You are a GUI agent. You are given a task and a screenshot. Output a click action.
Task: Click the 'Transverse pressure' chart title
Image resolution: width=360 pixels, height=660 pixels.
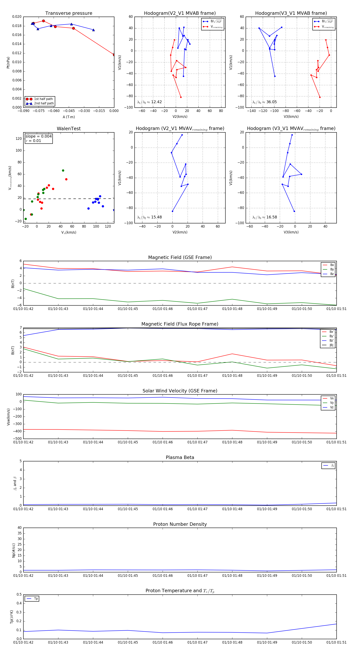click(69, 13)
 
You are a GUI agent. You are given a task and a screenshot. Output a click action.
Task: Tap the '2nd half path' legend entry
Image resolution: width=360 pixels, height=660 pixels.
click(44, 104)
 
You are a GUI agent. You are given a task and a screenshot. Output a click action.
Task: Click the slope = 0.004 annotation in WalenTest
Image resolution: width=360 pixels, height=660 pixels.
click(38, 136)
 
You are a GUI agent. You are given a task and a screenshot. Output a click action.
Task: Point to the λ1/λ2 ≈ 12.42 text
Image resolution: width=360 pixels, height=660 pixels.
click(149, 102)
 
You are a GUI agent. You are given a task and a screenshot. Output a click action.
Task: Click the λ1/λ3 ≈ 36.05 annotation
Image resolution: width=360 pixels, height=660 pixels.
click(264, 102)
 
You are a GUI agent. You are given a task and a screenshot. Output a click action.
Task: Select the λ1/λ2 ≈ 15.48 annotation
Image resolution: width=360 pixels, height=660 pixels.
click(149, 217)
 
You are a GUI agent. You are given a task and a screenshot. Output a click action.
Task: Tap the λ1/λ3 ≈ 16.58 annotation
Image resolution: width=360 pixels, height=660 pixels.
click(265, 217)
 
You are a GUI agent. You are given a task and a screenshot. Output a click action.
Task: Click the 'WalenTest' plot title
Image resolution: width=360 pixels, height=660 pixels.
click(69, 129)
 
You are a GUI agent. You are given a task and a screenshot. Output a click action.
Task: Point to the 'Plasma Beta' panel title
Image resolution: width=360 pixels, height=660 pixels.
click(180, 458)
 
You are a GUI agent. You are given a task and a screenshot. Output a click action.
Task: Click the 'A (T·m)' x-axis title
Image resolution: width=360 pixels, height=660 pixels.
click(69, 117)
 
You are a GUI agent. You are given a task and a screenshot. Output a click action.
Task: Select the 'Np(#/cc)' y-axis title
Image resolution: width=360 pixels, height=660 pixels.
click(14, 550)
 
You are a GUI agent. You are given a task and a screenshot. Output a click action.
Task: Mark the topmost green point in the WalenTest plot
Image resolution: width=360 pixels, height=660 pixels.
click(63, 171)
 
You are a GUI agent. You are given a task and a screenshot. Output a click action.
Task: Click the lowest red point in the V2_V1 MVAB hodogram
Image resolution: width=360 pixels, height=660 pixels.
click(181, 97)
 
